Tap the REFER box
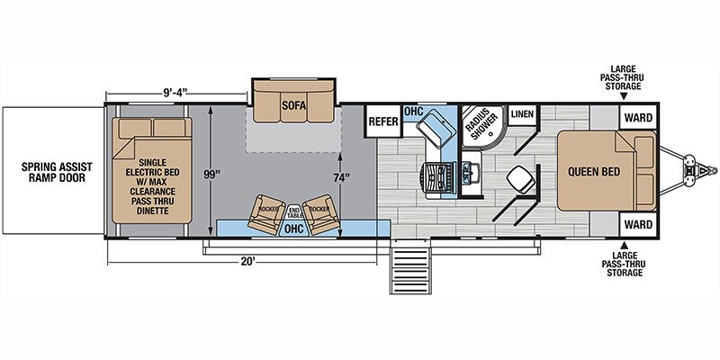[383, 121]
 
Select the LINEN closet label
[523, 114]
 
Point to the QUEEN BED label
[594, 172]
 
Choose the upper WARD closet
[638, 118]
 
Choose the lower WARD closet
[638, 224]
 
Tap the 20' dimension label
[247, 261]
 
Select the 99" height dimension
[212, 175]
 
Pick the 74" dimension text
[339, 177]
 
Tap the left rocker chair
[266, 213]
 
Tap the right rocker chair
[320, 214]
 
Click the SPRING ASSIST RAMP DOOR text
[57, 172]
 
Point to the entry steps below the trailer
[411, 266]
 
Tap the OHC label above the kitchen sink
[413, 111]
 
